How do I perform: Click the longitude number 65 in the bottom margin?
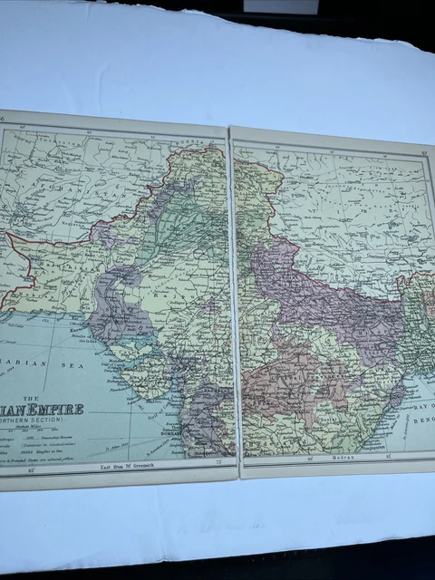33,470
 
